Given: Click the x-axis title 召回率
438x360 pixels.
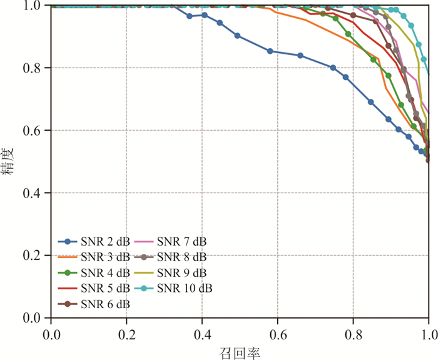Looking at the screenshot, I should click(240, 352).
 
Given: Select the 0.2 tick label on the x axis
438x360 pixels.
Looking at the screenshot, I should click(126, 331).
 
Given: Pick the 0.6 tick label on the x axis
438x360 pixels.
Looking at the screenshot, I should click(277, 331).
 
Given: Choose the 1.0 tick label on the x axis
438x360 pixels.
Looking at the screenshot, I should click(428, 331).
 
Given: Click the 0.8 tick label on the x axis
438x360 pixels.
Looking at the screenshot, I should click(353, 331).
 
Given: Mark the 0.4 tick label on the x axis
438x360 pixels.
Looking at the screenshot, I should click(202, 331).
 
